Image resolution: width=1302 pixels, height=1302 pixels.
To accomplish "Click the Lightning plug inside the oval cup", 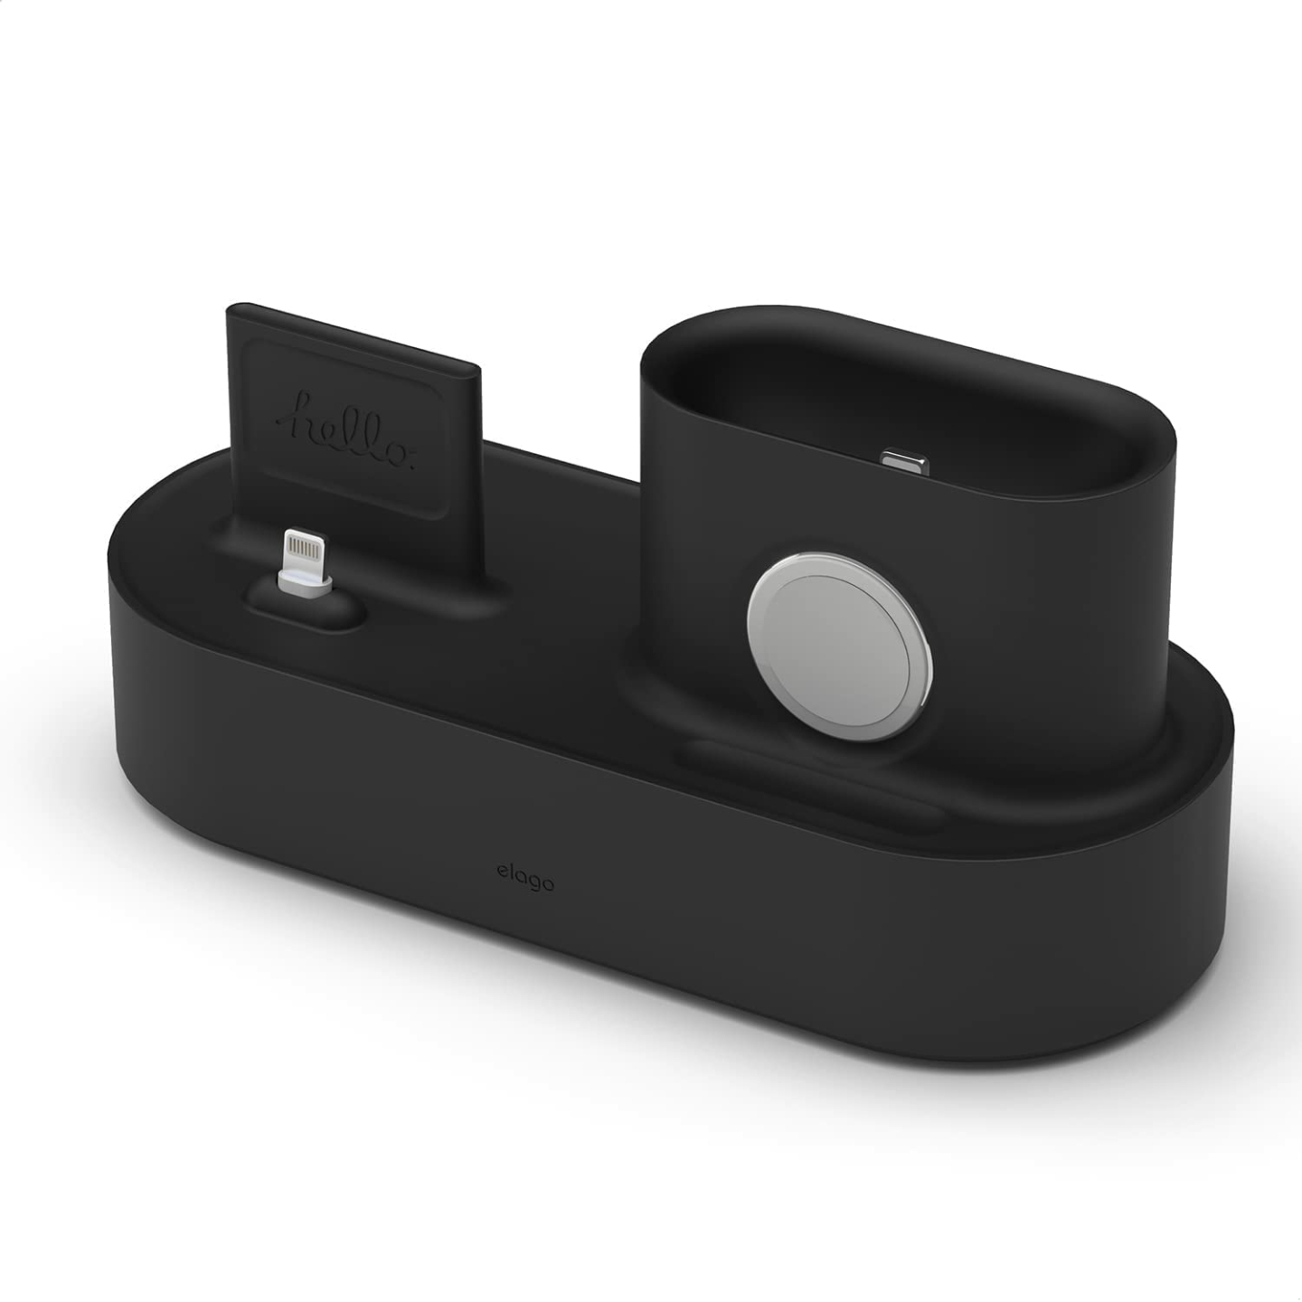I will click(x=903, y=460).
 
